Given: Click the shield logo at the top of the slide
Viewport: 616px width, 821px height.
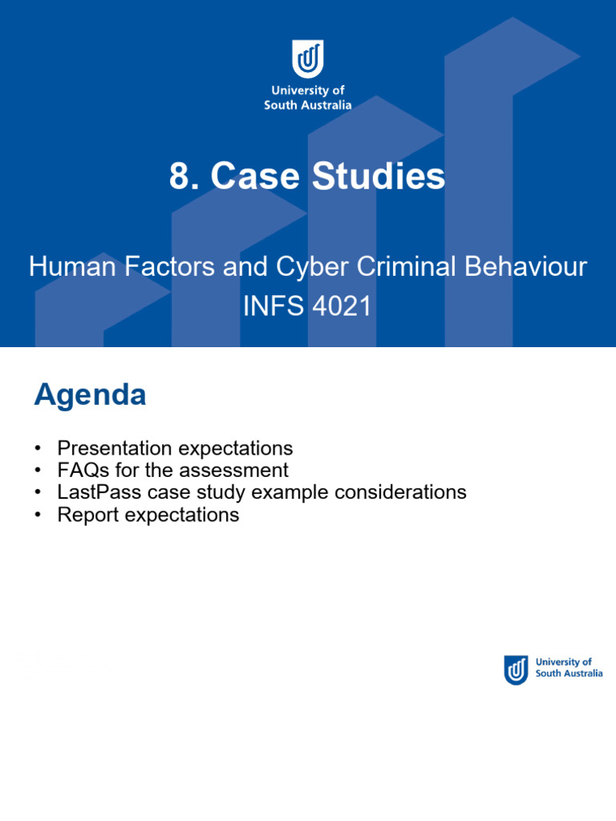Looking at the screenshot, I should (x=308, y=59).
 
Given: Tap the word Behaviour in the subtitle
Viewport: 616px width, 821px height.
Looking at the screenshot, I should (x=529, y=267).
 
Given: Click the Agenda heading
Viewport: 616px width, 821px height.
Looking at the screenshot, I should (x=90, y=394).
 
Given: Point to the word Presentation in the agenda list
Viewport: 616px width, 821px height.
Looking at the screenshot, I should (x=115, y=447).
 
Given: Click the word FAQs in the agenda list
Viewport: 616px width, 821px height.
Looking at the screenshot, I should (x=84, y=470).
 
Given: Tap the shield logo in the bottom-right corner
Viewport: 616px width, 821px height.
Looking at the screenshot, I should (x=516, y=669).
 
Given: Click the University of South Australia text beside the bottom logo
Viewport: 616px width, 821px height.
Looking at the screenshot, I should (x=568, y=668).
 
